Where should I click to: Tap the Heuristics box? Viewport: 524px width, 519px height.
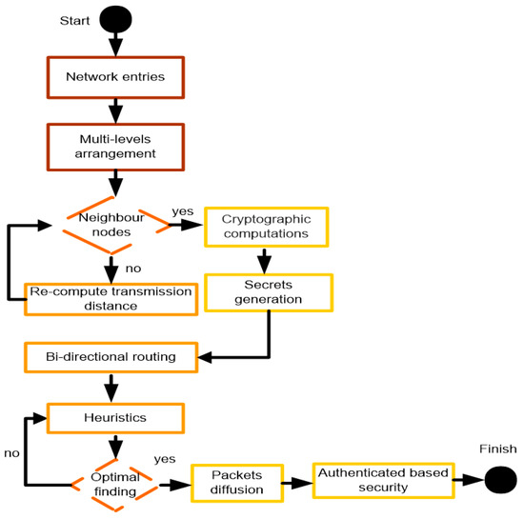[113, 416]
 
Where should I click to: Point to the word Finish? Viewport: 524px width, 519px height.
[497, 448]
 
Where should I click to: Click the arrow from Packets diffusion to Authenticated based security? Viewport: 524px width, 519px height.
[297, 481]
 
